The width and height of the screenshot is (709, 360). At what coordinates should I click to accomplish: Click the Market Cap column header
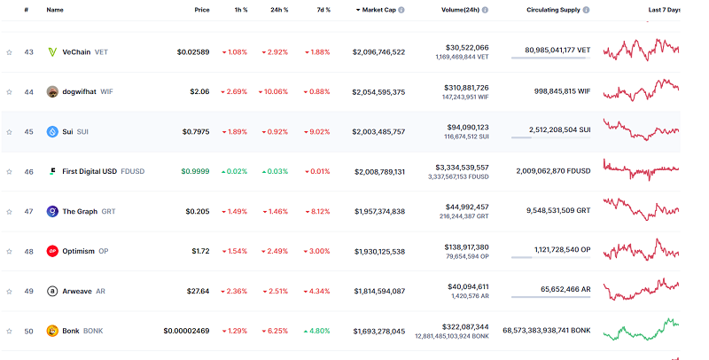click(378, 10)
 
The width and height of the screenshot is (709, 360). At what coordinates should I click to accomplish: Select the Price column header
click(202, 10)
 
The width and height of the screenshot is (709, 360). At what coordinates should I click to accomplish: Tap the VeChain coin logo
click(53, 52)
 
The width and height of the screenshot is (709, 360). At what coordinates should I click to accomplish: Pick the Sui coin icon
click(53, 132)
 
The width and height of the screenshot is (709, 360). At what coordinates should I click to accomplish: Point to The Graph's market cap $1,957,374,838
click(378, 212)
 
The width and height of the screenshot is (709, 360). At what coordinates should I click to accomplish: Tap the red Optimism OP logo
click(53, 251)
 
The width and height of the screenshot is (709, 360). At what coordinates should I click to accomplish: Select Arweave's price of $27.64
click(198, 291)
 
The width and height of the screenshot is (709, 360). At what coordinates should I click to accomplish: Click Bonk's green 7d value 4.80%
click(317, 331)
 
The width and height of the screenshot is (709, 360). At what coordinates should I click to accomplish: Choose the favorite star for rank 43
click(10, 52)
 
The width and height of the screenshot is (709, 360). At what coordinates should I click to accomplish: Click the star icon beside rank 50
click(10, 331)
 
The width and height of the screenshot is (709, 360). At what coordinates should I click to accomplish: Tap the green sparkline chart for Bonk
click(640, 330)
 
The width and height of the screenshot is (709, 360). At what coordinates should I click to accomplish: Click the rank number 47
click(28, 212)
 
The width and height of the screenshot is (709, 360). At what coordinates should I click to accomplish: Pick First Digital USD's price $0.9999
click(195, 172)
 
